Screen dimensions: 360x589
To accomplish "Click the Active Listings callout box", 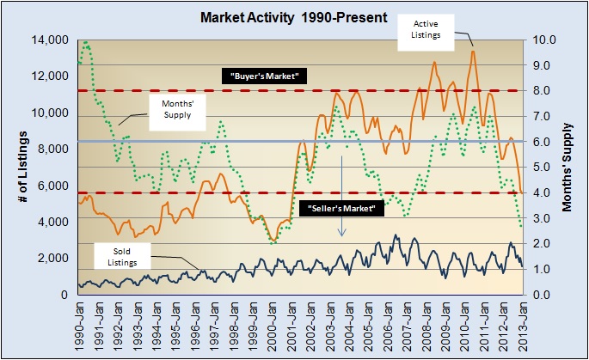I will (431, 31).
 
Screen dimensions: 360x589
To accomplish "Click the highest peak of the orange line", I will (472, 51).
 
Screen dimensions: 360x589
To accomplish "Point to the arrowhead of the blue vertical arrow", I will (341, 235).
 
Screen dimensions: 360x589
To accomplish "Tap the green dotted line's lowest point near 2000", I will (273, 243).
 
